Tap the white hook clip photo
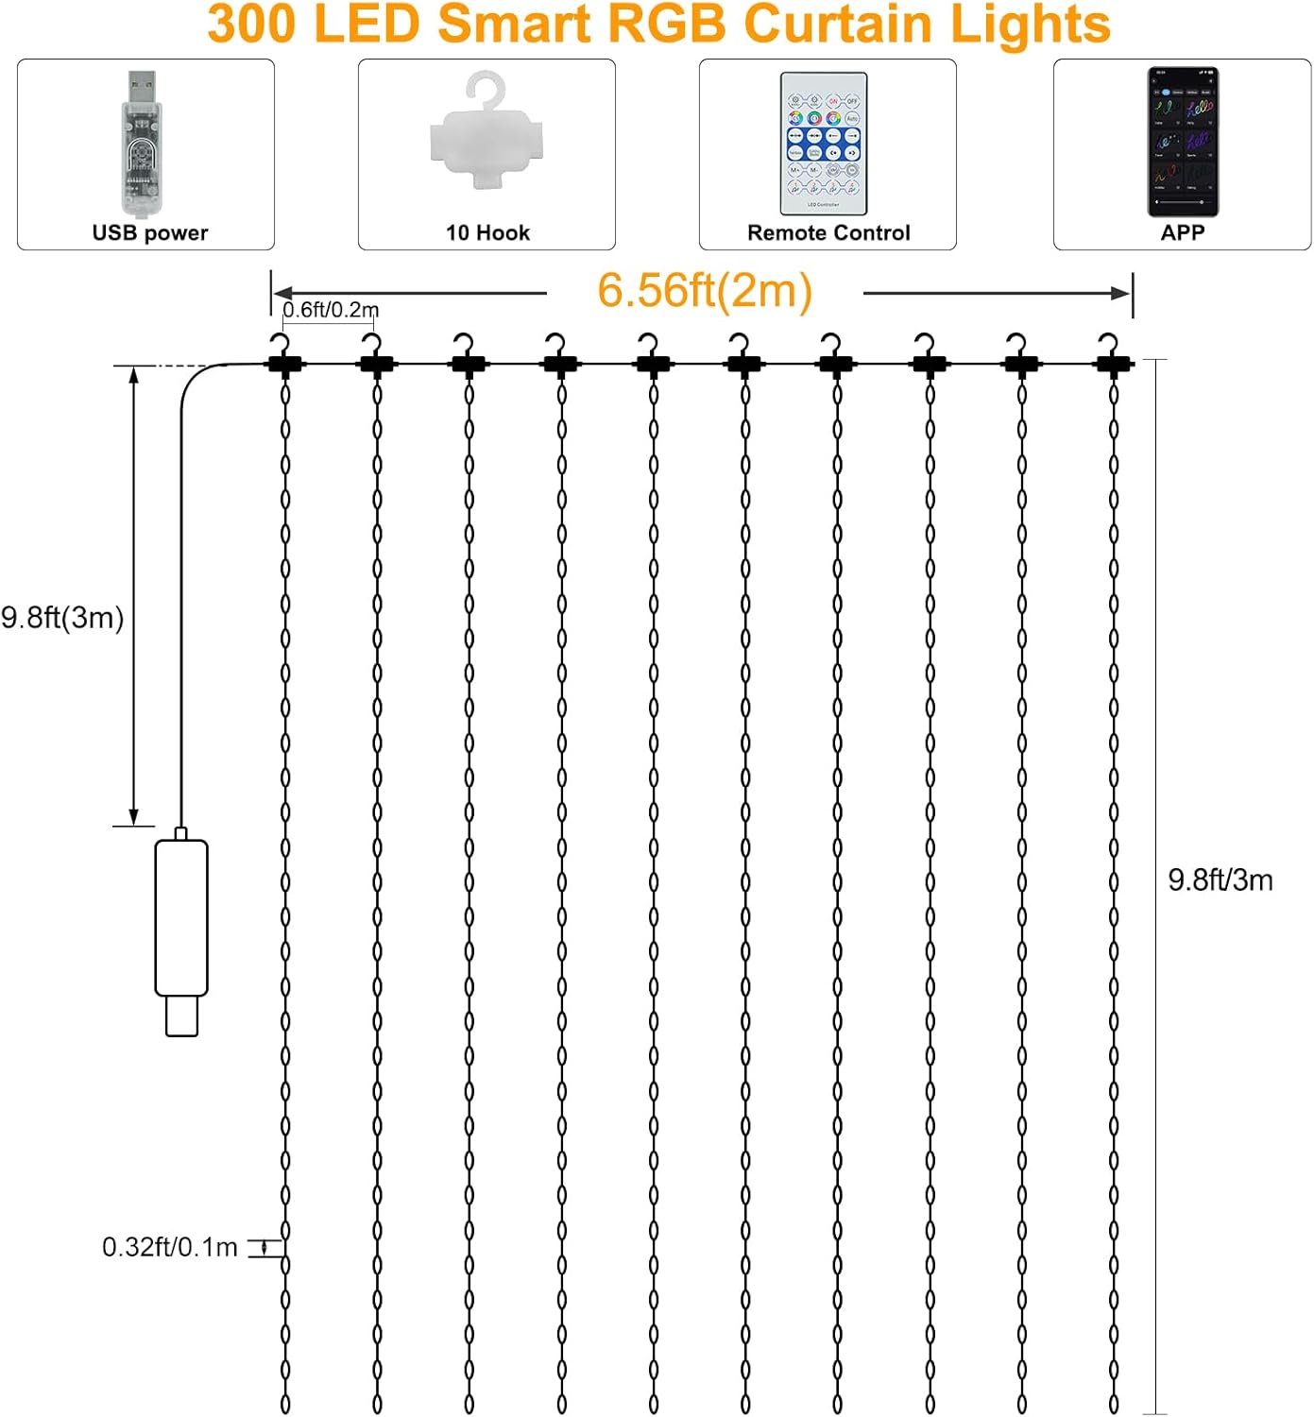[486, 132]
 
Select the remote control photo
[823, 144]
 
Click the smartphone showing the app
[1183, 142]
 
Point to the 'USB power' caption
[150, 232]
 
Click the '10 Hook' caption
[487, 232]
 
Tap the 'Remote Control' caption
[828, 232]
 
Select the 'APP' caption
[1183, 232]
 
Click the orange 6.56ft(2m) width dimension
[705, 290]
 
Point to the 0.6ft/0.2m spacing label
[331, 309]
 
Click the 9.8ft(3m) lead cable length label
[62, 617]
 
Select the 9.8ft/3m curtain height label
[1220, 879]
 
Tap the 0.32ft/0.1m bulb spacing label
[170, 1247]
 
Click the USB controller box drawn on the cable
[181, 918]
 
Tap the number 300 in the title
[250, 24]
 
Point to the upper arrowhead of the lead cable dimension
[134, 375]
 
